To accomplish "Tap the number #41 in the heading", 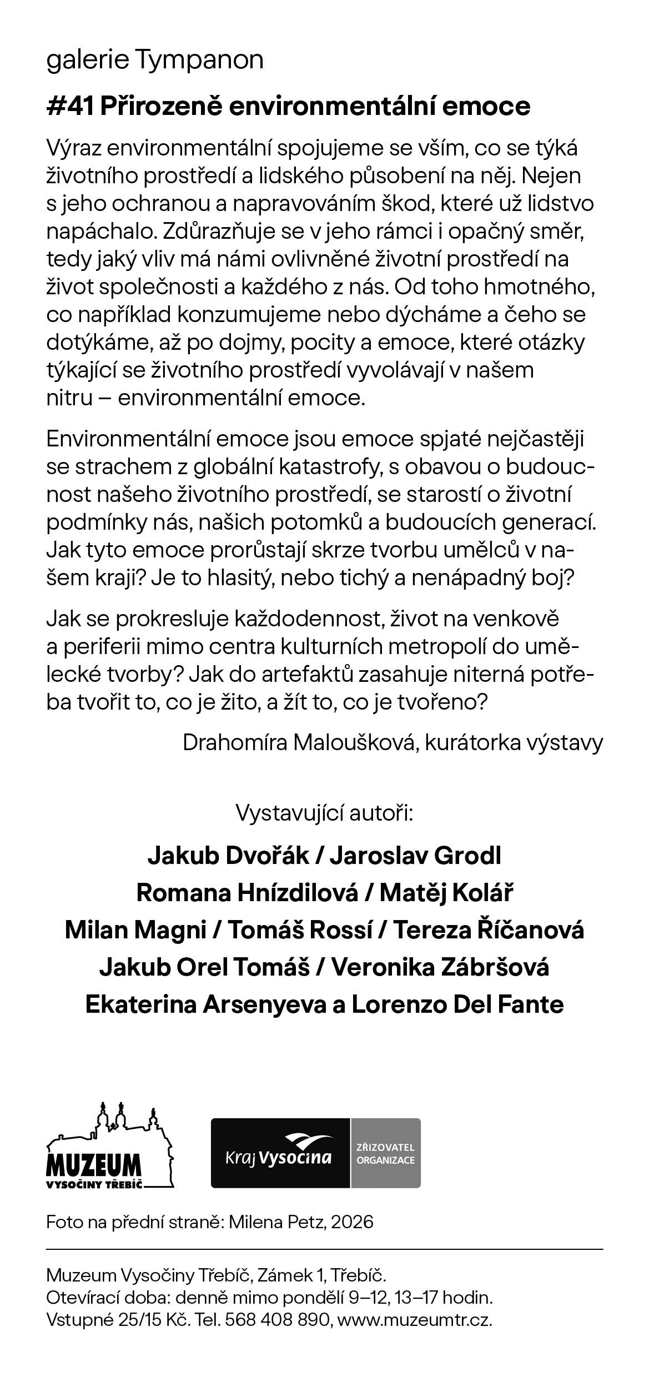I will pos(70,106).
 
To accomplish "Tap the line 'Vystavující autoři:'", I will pos(325,813).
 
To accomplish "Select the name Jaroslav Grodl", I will pos(416,856).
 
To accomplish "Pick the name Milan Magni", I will pos(135,930).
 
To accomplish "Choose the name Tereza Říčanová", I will pos(489,930).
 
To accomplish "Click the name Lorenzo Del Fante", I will pos(458,1004).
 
